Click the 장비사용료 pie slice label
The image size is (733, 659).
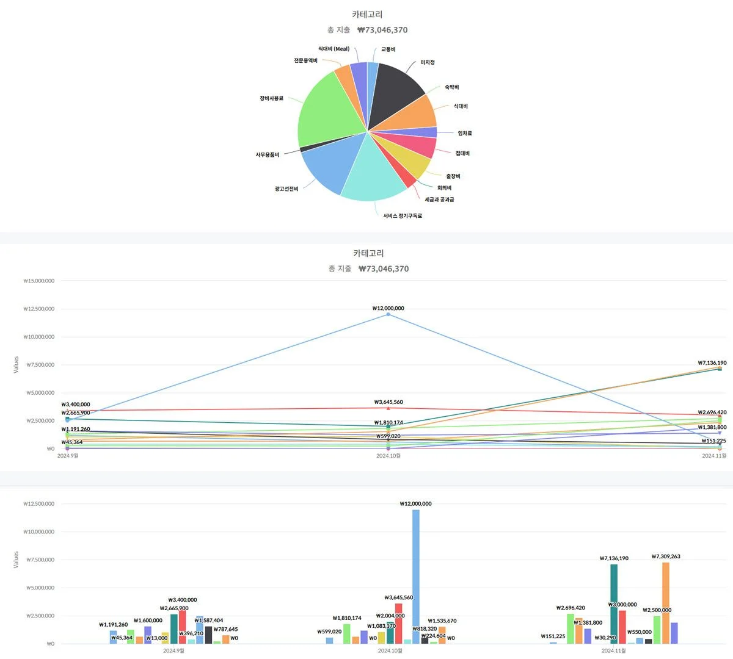point(271,98)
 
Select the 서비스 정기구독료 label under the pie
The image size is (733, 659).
point(403,216)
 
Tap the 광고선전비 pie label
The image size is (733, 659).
point(286,189)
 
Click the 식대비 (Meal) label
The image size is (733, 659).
point(334,49)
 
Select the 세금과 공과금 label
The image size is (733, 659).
point(439,200)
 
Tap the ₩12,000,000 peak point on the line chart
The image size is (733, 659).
point(388,314)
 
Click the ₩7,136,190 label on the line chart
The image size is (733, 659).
point(712,363)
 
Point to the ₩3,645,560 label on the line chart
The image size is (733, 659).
point(388,402)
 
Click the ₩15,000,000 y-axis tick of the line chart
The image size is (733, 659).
point(39,281)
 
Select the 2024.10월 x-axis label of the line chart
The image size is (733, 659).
point(388,456)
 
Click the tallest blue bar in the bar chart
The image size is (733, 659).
point(416,574)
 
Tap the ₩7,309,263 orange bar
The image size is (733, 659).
point(666,601)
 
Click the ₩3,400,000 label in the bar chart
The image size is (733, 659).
point(183,600)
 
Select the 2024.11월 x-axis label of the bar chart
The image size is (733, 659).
point(613,651)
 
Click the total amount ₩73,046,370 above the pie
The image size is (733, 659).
point(382,30)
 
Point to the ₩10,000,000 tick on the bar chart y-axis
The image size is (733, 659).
point(39,532)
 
